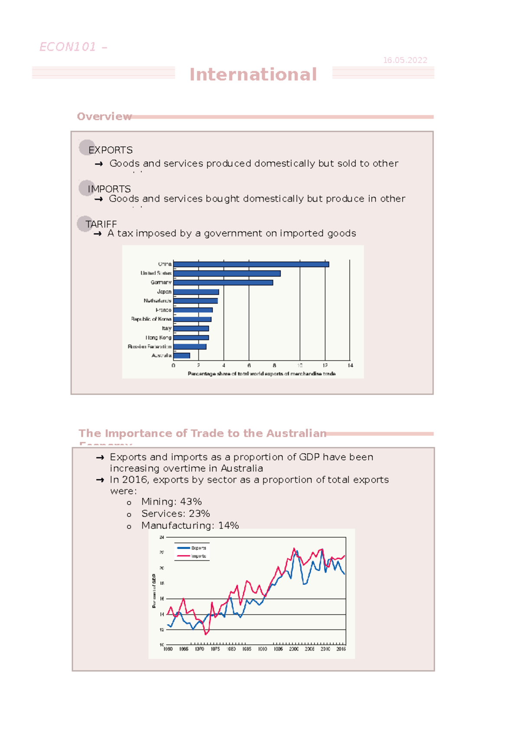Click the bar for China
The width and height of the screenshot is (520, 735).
pyautogui.click(x=251, y=264)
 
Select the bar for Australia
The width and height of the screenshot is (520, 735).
pyautogui.click(x=182, y=356)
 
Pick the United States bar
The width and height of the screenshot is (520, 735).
pyautogui.click(x=227, y=274)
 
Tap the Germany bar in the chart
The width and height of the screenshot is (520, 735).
pyautogui.click(x=223, y=283)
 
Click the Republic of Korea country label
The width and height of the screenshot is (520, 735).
pyautogui.click(x=151, y=319)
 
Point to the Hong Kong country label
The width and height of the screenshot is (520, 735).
pyautogui.click(x=159, y=338)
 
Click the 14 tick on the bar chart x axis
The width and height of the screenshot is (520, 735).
pyautogui.click(x=350, y=365)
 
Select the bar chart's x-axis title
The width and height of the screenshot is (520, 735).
pyautogui.click(x=261, y=374)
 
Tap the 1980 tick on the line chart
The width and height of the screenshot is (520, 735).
pyautogui.click(x=168, y=649)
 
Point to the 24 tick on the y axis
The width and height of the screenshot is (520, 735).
pyautogui.click(x=162, y=537)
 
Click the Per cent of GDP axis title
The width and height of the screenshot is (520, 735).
pyautogui.click(x=154, y=591)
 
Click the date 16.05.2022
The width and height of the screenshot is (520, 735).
pyautogui.click(x=405, y=60)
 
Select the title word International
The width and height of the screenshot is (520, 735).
pyautogui.click(x=253, y=74)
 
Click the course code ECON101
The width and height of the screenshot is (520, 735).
pyautogui.click(x=68, y=47)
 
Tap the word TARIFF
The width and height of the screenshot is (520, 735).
pyautogui.click(x=101, y=224)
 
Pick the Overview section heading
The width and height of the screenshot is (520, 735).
pyautogui.click(x=104, y=116)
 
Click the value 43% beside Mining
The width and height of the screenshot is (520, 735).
pyautogui.click(x=191, y=502)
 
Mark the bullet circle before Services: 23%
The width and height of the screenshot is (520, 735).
pyautogui.click(x=129, y=515)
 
